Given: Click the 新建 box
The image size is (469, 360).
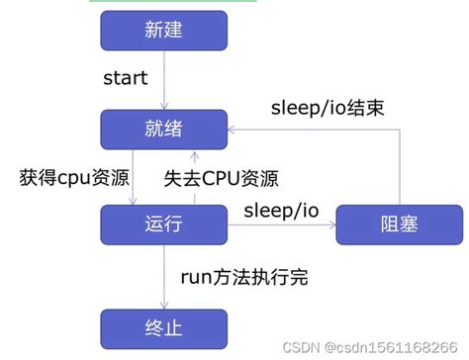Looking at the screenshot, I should [163, 32].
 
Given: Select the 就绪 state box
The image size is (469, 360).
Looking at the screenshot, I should [163, 129].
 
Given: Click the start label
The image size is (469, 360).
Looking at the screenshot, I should [128, 77].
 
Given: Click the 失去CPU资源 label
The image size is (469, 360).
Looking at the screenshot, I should [220, 179].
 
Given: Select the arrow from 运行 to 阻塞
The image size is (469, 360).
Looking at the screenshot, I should [281, 225].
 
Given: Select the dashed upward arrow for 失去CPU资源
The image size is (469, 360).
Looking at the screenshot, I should [195, 178].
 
